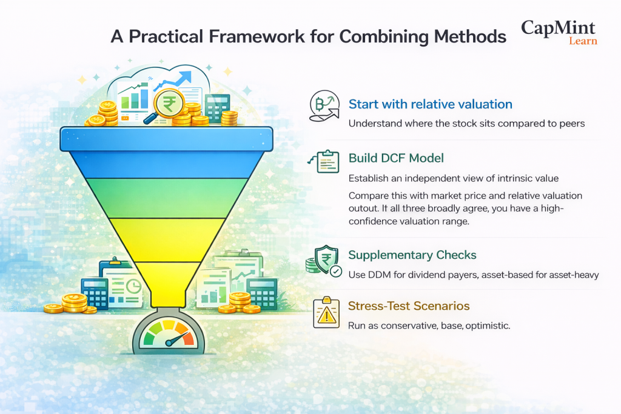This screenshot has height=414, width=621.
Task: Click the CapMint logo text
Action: (558, 28)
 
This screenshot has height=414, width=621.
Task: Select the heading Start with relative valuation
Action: (430, 104)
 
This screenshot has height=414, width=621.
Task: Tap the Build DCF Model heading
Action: (396, 158)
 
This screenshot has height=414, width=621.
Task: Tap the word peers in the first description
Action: (571, 124)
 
